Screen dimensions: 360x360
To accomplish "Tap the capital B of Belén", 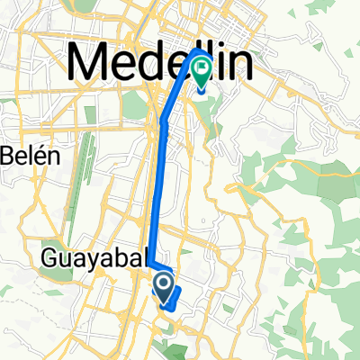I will click(7, 156).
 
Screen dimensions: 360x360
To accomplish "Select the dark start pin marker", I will click(165, 287).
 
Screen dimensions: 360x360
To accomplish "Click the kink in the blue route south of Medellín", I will click(163, 120).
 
